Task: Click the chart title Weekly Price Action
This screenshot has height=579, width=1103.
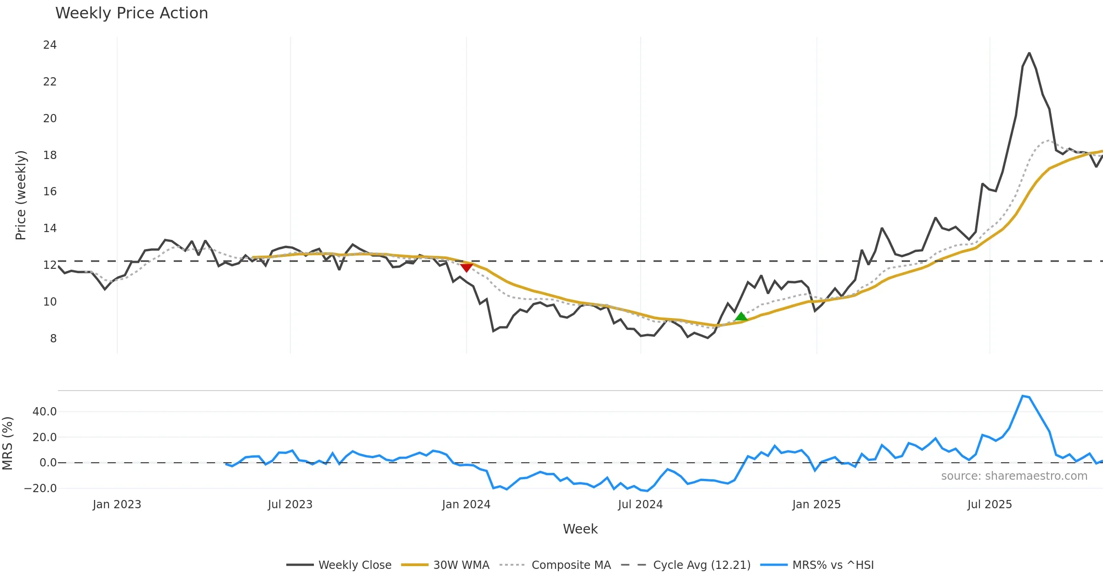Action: (131, 13)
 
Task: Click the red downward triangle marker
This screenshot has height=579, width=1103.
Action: (466, 267)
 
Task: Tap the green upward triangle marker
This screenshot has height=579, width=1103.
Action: (741, 316)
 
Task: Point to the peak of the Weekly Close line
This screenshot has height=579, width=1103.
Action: (1029, 53)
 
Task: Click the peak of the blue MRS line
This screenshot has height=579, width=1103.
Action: (1023, 396)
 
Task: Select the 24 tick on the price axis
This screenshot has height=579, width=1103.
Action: (50, 45)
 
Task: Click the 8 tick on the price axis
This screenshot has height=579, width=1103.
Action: (53, 339)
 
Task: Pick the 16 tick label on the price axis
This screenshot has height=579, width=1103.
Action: (50, 192)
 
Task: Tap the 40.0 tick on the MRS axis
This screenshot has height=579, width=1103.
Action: (45, 412)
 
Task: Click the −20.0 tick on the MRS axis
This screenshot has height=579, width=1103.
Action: (40, 488)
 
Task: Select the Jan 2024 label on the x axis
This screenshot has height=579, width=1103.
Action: (466, 505)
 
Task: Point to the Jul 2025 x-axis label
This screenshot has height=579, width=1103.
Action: (989, 505)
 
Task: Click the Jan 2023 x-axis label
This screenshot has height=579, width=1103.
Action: (117, 505)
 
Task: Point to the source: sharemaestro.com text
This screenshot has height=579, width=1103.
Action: (1014, 476)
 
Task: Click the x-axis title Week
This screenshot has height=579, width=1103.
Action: (580, 529)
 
